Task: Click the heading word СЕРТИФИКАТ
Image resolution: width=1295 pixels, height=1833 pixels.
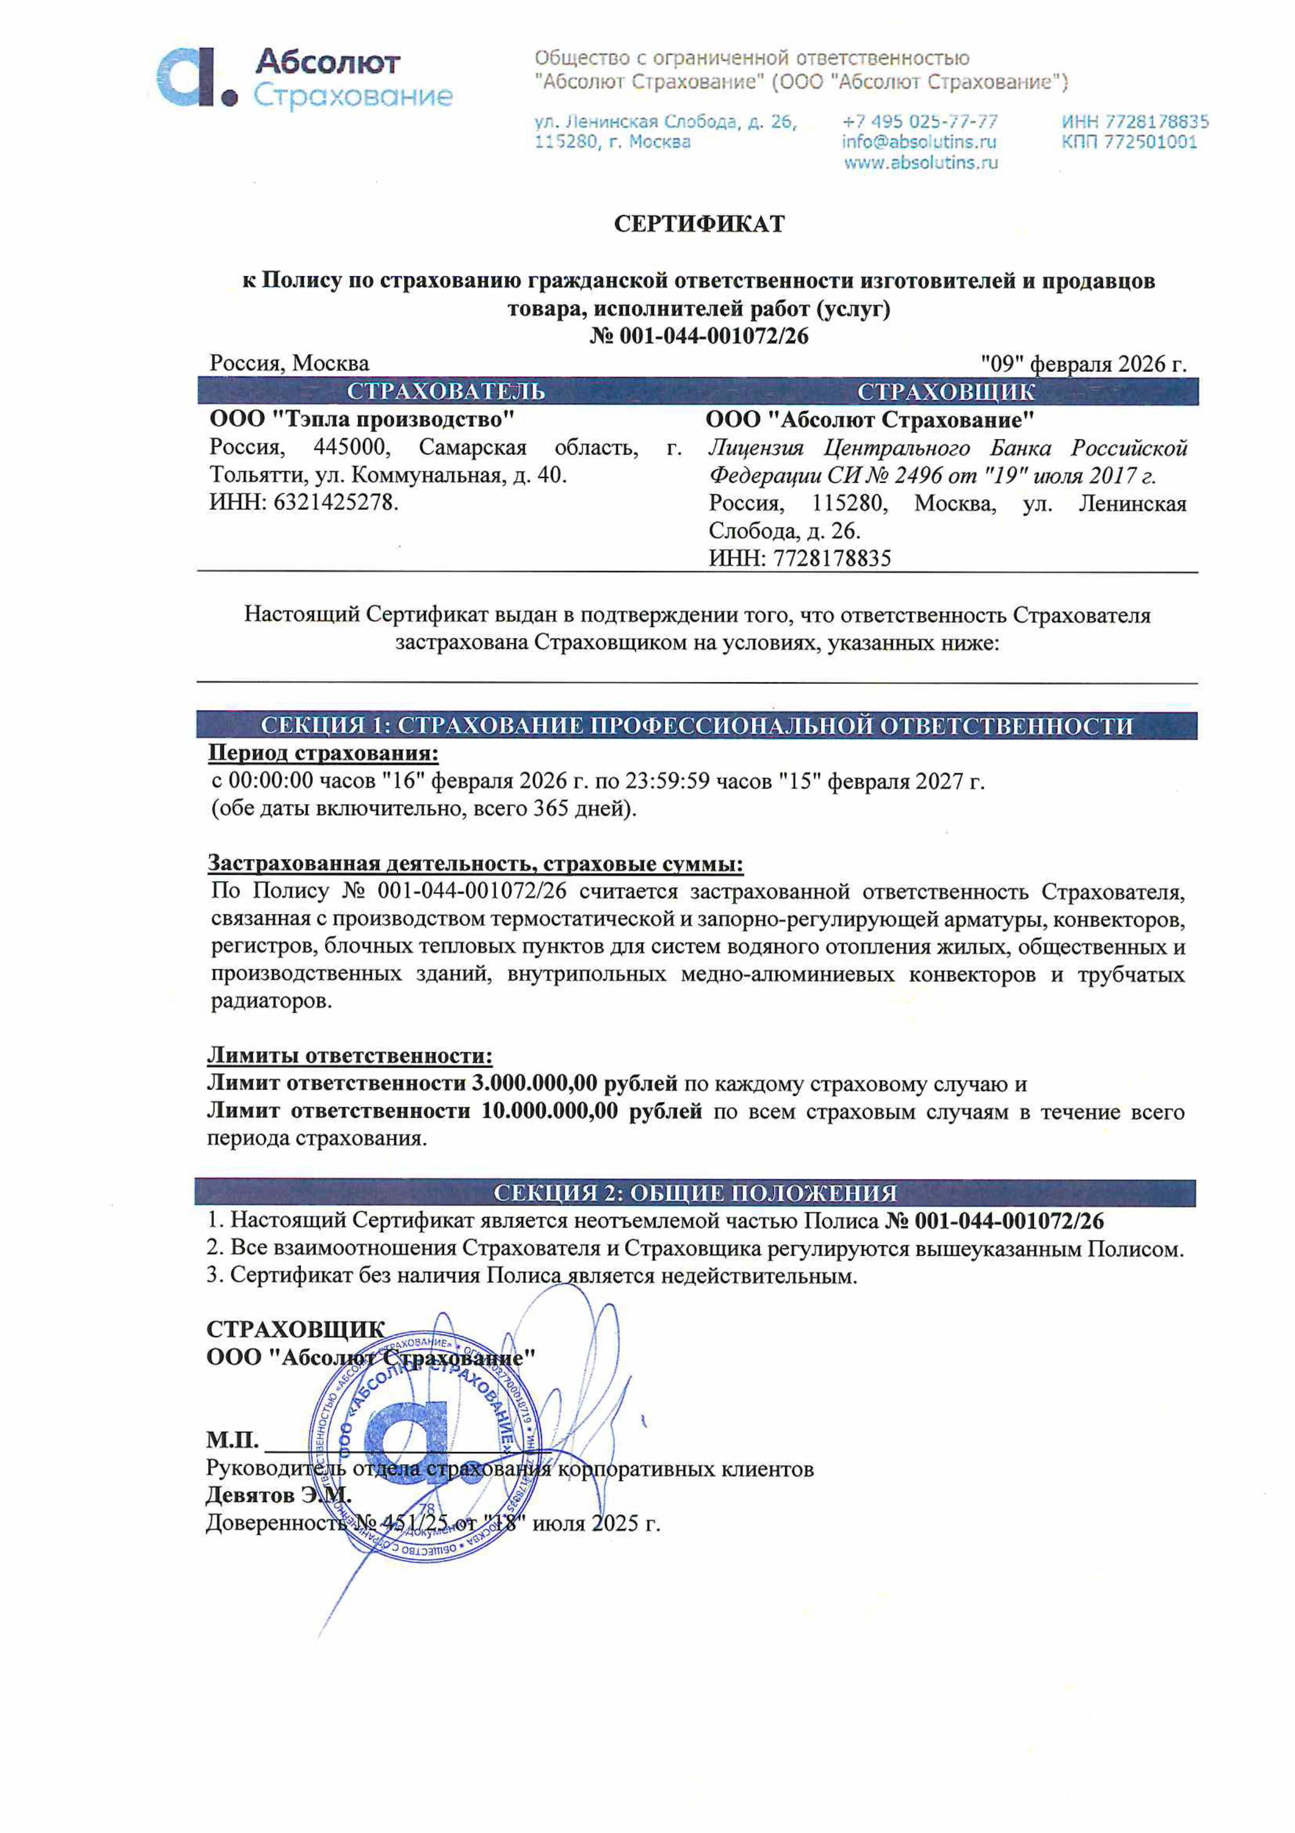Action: tap(699, 224)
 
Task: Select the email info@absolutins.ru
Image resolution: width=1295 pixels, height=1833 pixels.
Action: tap(919, 142)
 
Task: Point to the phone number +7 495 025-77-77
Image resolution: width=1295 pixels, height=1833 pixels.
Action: tap(919, 121)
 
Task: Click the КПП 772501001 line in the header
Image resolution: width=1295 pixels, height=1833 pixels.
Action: tap(1128, 142)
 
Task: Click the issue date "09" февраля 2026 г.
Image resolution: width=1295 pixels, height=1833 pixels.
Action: tap(1084, 364)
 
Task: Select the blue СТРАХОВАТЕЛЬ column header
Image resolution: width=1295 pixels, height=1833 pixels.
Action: tap(446, 391)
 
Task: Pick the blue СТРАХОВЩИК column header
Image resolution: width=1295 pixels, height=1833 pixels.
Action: tap(946, 392)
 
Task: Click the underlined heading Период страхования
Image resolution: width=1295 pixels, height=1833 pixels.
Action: tap(323, 753)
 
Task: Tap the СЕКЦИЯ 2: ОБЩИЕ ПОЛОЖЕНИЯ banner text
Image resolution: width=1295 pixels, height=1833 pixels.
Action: tap(695, 1193)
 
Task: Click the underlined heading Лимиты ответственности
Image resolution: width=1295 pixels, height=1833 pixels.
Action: tap(349, 1056)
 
